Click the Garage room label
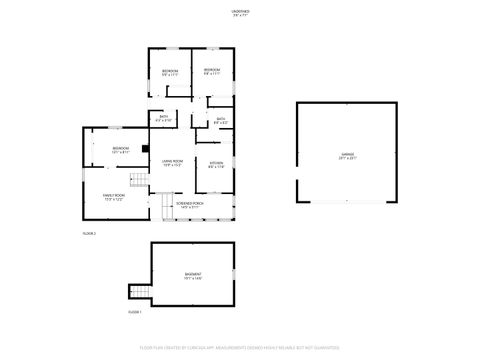[347, 154]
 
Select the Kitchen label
[216, 162]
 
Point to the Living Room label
[173, 161]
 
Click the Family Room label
[114, 195]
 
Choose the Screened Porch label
[189, 203]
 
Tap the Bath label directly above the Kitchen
[221, 119]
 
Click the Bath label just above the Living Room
[164, 117]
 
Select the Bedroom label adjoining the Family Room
[120, 148]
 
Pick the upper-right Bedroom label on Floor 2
[212, 69]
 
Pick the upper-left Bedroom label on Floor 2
[170, 70]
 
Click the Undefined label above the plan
[241, 12]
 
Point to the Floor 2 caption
[88, 233]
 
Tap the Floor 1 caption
[134, 312]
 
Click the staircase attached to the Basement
[139, 293]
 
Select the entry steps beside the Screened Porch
[167, 208]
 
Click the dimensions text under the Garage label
[347, 159]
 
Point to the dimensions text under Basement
[192, 278]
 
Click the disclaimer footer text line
[240, 348]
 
